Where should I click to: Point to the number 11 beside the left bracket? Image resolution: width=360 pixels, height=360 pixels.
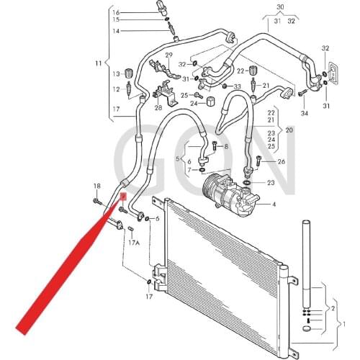click(x=99, y=65)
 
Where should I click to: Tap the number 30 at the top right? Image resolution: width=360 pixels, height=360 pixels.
click(x=281, y=6)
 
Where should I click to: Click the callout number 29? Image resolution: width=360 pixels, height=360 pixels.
click(x=168, y=55)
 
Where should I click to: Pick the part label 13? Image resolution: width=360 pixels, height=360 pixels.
click(x=114, y=73)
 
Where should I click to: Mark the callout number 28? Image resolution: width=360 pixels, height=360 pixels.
click(x=158, y=107)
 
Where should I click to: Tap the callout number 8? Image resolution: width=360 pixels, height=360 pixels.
click(x=225, y=147)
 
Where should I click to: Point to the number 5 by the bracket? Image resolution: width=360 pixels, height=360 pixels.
click(x=179, y=158)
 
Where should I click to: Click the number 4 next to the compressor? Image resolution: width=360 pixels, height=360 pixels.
click(x=274, y=205)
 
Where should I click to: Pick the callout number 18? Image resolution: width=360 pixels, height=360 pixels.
click(x=96, y=186)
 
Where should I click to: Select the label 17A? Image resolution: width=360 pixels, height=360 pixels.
click(x=134, y=243)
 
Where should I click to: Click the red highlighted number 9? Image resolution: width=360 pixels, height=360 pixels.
click(x=123, y=194)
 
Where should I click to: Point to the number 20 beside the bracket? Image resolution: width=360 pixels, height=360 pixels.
click(x=289, y=130)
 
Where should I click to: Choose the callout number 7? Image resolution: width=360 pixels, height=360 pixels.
click(x=190, y=170)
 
